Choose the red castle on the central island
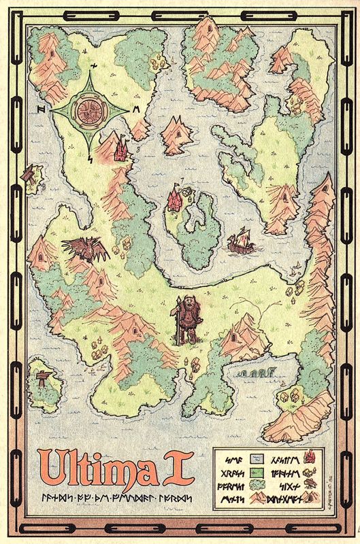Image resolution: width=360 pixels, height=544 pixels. coord(174,200)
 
